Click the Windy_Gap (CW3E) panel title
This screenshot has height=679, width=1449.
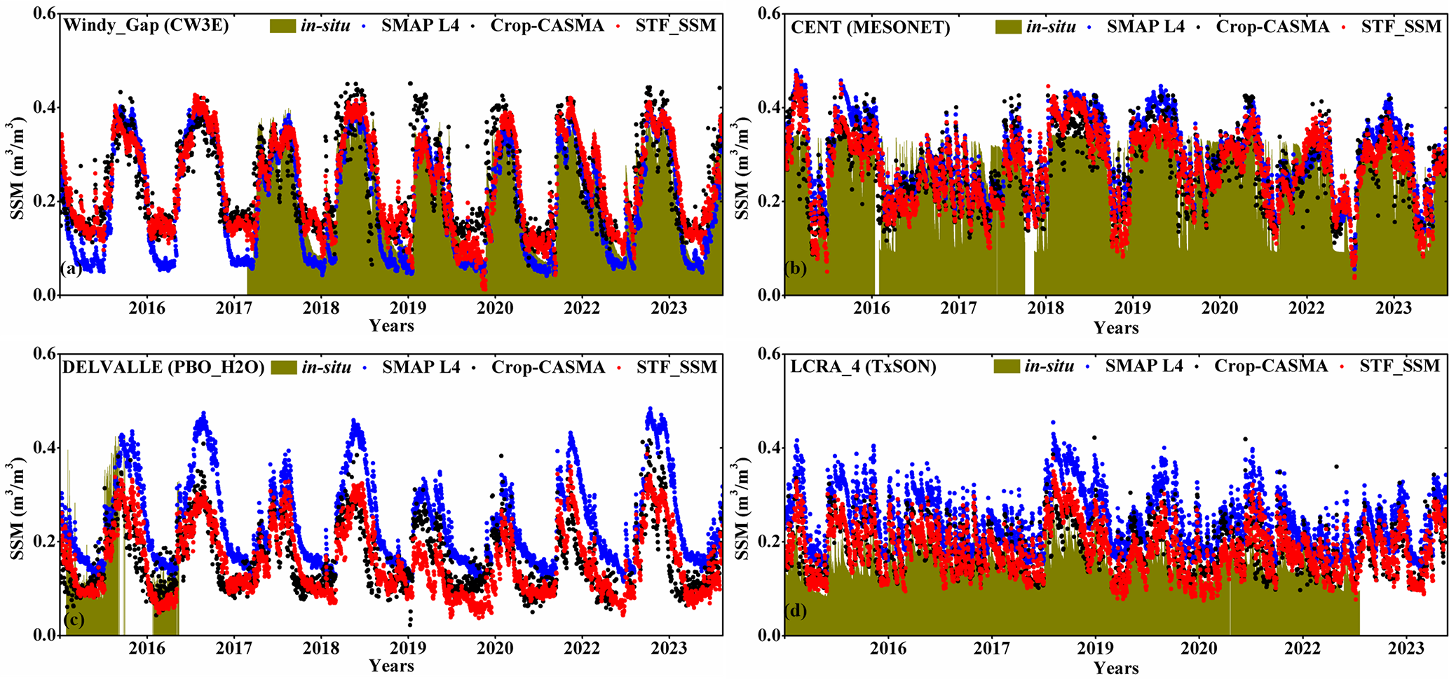146,27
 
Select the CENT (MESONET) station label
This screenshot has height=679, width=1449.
870,28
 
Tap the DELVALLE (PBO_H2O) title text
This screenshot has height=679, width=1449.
163,367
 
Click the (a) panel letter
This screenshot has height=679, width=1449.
72,268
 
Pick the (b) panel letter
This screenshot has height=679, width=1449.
796,268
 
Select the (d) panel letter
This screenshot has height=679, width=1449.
796,610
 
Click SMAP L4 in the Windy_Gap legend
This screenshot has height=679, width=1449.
420,26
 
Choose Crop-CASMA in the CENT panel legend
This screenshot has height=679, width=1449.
1272,27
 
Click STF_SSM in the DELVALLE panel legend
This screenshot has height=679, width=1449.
676,367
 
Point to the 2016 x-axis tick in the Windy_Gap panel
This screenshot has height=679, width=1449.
147,308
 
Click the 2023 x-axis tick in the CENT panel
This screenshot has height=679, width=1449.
1394,308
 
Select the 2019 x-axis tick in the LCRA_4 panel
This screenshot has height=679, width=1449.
1095,648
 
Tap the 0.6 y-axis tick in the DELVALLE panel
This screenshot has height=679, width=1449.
45,354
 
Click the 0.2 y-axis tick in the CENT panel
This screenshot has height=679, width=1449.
769,201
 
